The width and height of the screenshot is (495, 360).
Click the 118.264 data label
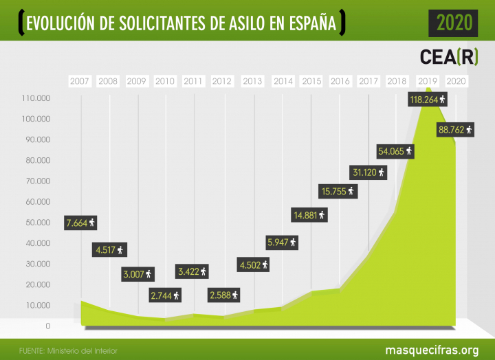click(x=428, y=100)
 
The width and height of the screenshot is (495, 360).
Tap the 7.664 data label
click(x=81, y=223)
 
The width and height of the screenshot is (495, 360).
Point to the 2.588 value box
click(x=225, y=295)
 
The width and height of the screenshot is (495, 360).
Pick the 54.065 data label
click(x=396, y=150)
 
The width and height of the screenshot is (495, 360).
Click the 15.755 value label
click(x=337, y=191)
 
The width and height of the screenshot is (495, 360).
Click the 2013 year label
click(x=252, y=81)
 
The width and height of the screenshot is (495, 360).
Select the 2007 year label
click(x=80, y=81)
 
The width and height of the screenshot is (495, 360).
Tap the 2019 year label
click(x=427, y=81)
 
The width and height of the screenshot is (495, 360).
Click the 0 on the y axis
click(x=48, y=326)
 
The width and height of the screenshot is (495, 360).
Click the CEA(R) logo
click(x=449, y=56)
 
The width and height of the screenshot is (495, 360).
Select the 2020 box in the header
click(x=454, y=23)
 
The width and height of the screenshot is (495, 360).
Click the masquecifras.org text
click(x=432, y=350)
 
